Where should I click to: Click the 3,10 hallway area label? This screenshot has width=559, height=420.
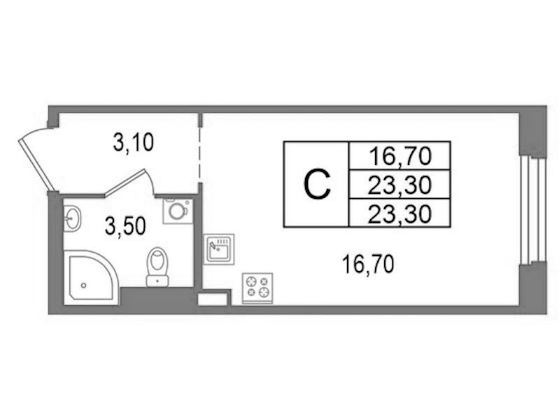[134, 142]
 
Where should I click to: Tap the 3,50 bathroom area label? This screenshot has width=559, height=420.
[125, 226]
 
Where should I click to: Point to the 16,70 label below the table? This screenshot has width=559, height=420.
[367, 264]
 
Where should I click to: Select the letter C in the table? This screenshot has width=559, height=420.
[317, 184]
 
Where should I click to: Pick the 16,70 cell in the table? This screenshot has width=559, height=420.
[399, 156]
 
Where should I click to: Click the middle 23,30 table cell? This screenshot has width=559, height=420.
[399, 185]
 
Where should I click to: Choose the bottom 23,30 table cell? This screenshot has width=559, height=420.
[399, 213]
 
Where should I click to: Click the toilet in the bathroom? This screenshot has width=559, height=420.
[157, 267]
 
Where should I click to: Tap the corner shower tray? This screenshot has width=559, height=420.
[91, 278]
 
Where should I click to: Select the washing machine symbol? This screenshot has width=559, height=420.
[178, 211]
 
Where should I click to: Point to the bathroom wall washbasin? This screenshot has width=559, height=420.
[72, 218]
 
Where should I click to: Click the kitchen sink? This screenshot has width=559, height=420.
[219, 249]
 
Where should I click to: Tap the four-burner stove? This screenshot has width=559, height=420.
[257, 288]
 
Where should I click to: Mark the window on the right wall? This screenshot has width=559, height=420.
[532, 210]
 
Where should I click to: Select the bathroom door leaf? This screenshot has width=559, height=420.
[124, 183]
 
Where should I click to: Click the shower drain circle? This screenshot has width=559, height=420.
[83, 285]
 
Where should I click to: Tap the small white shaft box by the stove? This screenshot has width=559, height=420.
[212, 299]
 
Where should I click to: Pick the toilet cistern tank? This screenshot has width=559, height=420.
[157, 281]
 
